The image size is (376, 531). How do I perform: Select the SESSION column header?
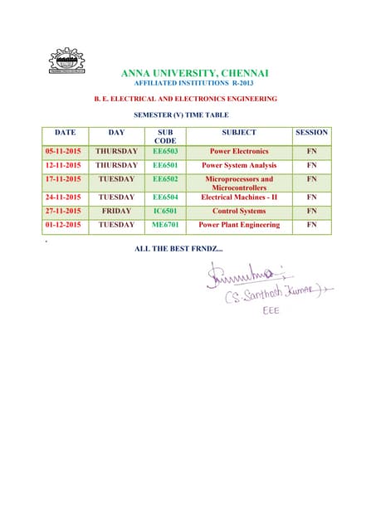[311, 133]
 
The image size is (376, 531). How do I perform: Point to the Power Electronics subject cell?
[239, 152]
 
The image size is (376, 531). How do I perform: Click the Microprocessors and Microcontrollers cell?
[239, 183]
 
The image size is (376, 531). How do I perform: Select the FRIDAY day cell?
[116, 212]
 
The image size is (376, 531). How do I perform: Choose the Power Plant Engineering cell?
[239, 225]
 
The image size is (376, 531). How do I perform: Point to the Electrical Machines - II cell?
[239, 197]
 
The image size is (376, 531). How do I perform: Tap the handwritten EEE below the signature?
[271, 311]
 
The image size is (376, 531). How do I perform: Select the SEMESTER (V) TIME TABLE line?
[181, 115]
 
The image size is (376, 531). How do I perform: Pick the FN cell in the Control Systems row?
[311, 212]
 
